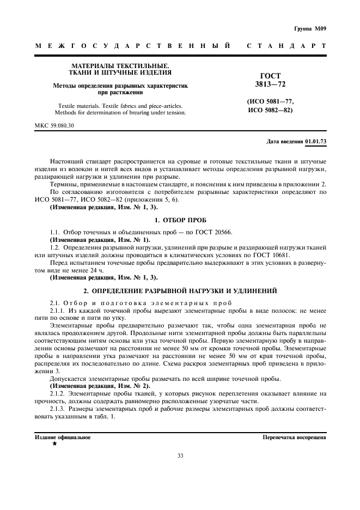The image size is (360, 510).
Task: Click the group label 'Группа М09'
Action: (x=310, y=28)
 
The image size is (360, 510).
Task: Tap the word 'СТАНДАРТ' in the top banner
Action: (x=286, y=46)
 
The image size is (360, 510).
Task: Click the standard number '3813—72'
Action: (x=270, y=84)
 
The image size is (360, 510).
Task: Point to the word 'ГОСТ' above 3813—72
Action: (x=271, y=76)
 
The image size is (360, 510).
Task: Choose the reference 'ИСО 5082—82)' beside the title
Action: (x=270, y=111)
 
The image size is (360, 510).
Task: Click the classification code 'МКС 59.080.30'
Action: (x=54, y=125)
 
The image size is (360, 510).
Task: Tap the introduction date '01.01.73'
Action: (x=315, y=141)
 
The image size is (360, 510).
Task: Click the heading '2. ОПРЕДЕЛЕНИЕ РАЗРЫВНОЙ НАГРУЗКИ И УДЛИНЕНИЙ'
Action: (x=179, y=291)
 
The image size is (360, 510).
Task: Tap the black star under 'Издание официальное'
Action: (x=54, y=444)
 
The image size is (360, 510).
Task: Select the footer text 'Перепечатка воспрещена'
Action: (x=294, y=437)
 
